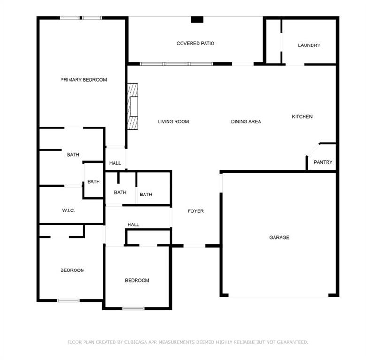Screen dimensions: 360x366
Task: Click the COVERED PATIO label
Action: [195, 44]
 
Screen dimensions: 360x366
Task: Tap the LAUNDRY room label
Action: [309, 45]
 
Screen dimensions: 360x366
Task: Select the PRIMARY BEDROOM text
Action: [84, 80]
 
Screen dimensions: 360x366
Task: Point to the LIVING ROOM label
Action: [173, 122]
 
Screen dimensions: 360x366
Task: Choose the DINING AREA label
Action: [246, 122]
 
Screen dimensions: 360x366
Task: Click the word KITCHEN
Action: [302, 117]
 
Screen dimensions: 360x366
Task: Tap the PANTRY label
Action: [323, 162]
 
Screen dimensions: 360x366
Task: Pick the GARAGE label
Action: [279, 238]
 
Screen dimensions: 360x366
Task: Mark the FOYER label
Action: [196, 211]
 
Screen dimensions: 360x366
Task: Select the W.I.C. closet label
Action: [69, 210]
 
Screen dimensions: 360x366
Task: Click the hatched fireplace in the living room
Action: [133, 106]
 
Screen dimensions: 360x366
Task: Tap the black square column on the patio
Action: [197, 20]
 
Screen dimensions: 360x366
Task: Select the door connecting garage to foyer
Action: [221, 182]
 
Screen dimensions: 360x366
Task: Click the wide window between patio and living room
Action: [176, 64]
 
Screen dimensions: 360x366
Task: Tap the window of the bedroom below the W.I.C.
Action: [68, 300]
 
